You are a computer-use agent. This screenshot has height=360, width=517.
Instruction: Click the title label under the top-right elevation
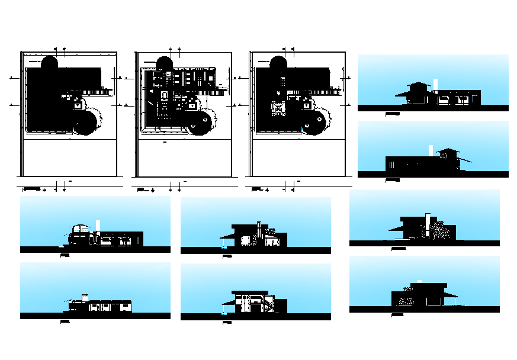coord(391,112)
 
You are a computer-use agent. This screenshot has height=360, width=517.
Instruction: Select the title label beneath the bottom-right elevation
coord(398,314)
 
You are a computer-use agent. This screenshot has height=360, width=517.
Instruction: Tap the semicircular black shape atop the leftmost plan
coord(49,62)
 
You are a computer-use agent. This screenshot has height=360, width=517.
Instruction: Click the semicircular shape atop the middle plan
coord(164,62)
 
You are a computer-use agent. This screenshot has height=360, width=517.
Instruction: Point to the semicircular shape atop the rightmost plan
coord(279,62)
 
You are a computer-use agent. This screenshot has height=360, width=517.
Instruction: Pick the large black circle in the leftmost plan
coord(86,123)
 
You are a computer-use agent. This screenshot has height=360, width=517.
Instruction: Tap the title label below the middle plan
coord(141,189)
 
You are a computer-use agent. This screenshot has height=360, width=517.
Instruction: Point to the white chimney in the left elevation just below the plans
coord(98,226)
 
